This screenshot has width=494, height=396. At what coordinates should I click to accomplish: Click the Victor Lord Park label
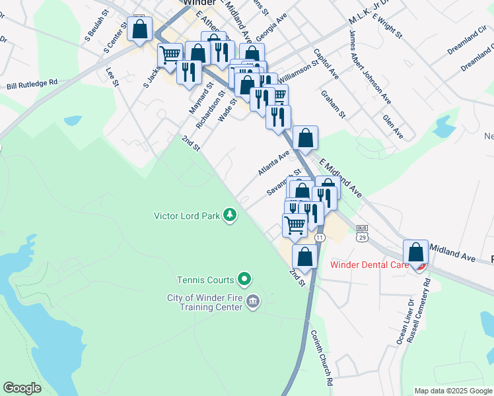[x=187, y=215]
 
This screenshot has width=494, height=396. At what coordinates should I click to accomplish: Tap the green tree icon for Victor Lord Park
[x=229, y=214]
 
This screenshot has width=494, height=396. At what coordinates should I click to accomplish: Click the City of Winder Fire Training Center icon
[x=252, y=302]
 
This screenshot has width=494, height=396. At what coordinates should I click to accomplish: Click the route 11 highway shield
[x=320, y=237]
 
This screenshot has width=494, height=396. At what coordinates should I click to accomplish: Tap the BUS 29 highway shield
[x=361, y=233]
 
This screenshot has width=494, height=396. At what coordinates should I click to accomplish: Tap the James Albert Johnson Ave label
[x=370, y=67]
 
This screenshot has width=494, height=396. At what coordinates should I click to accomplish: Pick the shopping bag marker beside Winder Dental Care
[x=416, y=253]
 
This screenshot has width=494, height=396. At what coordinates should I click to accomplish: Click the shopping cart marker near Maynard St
[x=170, y=55]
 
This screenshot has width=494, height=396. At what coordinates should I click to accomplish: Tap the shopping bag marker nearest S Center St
[x=140, y=29]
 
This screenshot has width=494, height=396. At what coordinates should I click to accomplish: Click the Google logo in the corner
[x=22, y=388]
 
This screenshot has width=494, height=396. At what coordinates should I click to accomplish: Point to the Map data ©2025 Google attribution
[x=452, y=391]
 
